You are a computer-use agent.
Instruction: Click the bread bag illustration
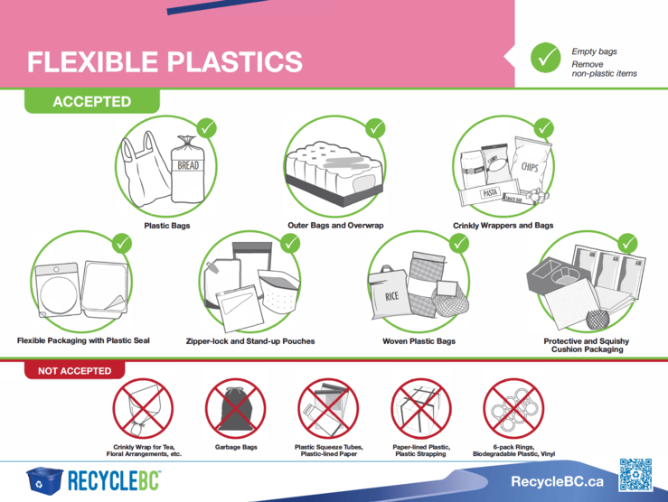[x=188, y=170]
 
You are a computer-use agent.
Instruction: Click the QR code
[x=635, y=475]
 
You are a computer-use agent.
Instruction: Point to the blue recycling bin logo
[x=44, y=480]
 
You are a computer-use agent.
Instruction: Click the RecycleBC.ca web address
[x=557, y=481]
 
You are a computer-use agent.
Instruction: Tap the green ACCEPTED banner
[x=92, y=101]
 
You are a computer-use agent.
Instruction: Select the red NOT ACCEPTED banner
[x=74, y=370]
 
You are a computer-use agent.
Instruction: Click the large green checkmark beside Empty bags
[x=545, y=58]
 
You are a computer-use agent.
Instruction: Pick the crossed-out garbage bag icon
[x=236, y=408]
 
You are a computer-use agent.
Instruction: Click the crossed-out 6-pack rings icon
[x=513, y=408]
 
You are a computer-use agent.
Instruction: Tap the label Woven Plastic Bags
[x=419, y=341]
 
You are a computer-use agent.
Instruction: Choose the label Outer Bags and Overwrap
[x=335, y=226]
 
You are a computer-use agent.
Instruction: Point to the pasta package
[x=490, y=192]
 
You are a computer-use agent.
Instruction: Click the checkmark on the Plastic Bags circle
[x=207, y=128]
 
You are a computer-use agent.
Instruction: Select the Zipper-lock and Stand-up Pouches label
[x=250, y=341]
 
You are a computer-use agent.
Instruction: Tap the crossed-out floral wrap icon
[x=143, y=408]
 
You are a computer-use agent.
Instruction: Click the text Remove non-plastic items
[x=604, y=69]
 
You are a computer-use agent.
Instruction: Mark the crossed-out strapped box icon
[x=421, y=408]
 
